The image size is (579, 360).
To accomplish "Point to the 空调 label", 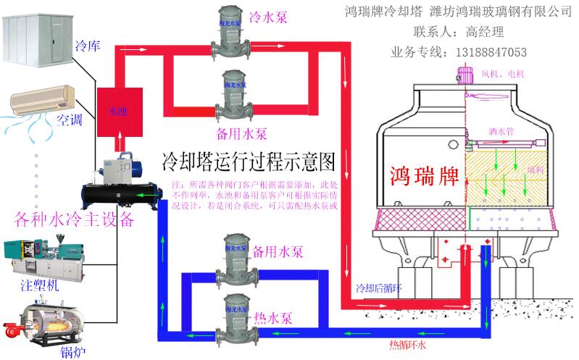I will click(68, 120).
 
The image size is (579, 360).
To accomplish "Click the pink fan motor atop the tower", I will click(464, 75).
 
